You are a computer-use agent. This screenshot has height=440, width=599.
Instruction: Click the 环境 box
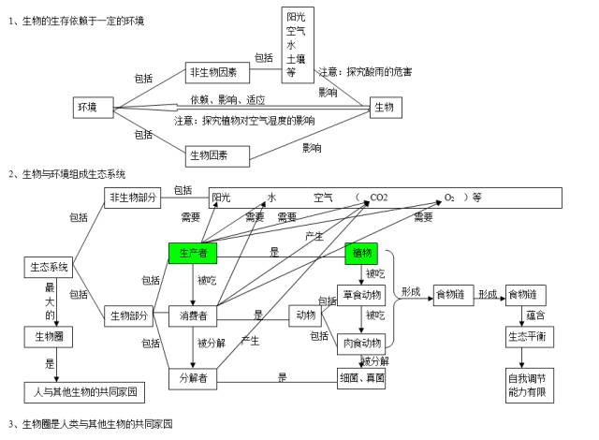87,108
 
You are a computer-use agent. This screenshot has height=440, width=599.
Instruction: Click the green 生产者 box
194,252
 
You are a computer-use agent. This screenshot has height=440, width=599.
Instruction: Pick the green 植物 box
361,253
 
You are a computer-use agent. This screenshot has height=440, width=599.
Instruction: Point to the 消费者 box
194,316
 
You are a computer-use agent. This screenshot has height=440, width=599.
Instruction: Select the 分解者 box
194,377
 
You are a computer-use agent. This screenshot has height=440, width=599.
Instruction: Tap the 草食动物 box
361,295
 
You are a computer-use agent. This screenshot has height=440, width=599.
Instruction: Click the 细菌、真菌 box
361,377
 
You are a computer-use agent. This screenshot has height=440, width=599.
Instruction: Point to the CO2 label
379,198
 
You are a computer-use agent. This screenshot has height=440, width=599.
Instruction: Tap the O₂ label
449,198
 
